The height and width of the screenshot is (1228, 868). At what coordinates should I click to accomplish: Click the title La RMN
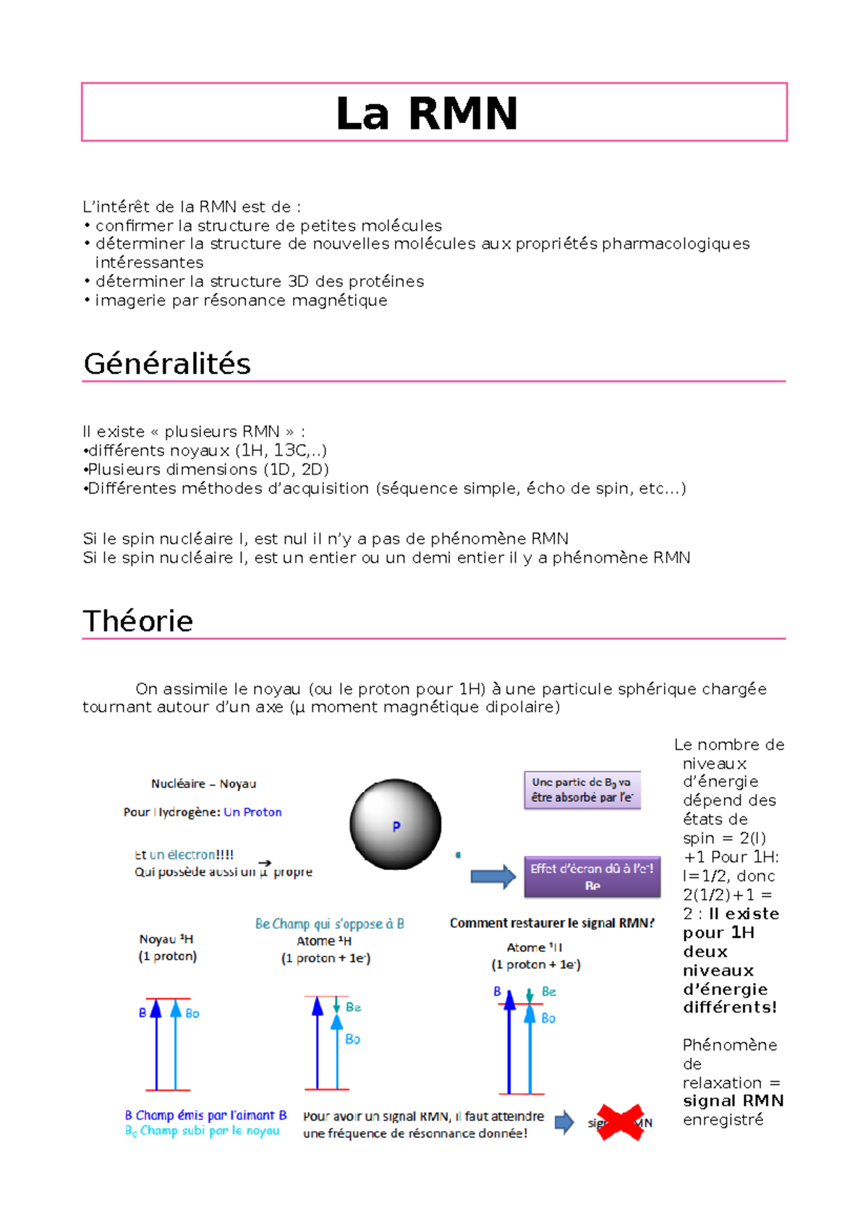click(427, 114)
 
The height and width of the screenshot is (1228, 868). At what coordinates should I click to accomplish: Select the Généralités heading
click(167, 364)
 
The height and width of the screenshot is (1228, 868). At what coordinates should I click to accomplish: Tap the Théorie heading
click(138, 621)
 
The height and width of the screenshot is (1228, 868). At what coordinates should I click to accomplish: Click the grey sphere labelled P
click(395, 824)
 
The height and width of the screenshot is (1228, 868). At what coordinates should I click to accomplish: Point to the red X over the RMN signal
click(620, 1122)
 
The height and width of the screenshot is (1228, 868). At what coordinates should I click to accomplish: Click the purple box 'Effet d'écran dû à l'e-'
click(592, 877)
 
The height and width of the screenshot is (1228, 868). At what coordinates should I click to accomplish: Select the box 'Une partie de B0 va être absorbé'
click(582, 790)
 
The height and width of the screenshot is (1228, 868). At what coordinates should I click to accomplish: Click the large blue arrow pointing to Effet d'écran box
click(493, 877)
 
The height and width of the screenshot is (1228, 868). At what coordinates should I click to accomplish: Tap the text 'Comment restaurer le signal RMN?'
click(552, 923)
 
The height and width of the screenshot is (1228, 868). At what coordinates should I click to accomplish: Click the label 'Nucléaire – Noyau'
click(203, 784)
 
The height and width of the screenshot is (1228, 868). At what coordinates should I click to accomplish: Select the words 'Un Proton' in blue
click(252, 812)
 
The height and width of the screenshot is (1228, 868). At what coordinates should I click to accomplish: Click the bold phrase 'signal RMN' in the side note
click(733, 1101)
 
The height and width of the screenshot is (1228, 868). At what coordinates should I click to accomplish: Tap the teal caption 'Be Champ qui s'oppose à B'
click(329, 924)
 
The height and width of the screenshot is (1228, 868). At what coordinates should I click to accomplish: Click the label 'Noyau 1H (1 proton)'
click(167, 947)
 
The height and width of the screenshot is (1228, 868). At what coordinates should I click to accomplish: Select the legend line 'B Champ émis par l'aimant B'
click(205, 1115)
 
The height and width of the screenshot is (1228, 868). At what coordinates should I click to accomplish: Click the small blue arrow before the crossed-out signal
click(564, 1122)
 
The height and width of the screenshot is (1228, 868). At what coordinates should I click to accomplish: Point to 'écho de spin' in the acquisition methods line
click(577, 488)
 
